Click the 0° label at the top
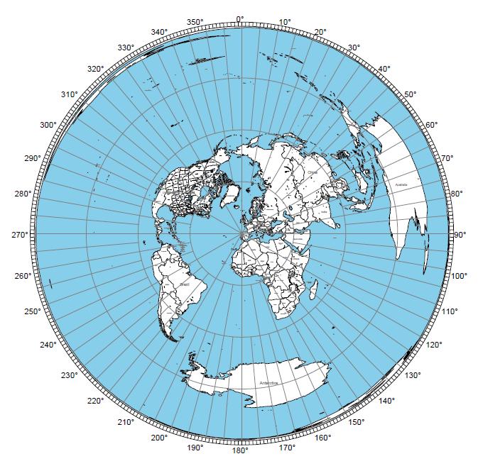[239, 19]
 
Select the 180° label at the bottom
[239, 450]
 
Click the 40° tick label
[384, 69]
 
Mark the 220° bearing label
[95, 401]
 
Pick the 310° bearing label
[69, 95]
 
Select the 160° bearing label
[322, 438]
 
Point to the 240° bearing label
[48, 345]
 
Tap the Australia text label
[399, 185]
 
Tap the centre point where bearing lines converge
[244, 235]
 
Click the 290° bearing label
[32, 158]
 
